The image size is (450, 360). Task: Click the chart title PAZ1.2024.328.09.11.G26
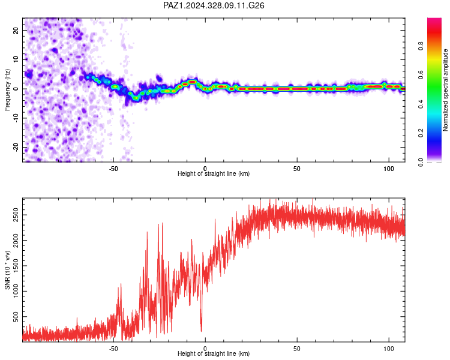click(214, 5)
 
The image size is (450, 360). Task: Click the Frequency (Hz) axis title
click(7, 90)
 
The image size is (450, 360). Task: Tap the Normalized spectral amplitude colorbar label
click(445, 90)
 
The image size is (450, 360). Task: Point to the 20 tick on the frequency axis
click(16, 30)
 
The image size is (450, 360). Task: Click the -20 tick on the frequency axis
click(16, 148)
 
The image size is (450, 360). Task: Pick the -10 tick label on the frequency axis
click(16, 118)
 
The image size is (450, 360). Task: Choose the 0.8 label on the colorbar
click(421, 46)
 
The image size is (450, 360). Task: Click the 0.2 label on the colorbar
click(421, 133)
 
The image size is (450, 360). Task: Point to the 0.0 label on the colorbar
click(421, 162)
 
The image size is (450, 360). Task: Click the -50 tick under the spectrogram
click(113, 169)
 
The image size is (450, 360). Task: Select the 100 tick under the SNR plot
click(389, 349)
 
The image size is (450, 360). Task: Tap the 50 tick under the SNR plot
click(297, 349)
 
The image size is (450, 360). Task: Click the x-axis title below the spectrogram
click(214, 173)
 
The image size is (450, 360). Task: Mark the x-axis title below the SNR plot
click(214, 353)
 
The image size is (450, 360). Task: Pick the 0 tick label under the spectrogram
click(205, 169)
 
